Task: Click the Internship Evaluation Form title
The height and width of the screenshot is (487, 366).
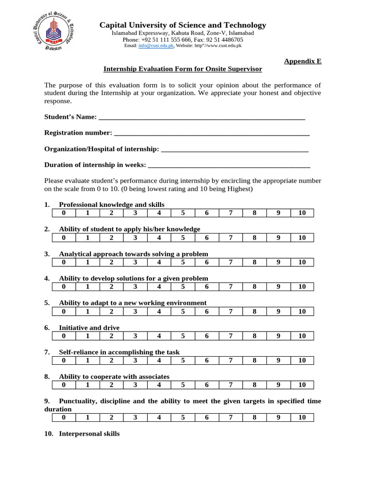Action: pos(183,69)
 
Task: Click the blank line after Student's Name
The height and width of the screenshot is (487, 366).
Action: pos(201,117)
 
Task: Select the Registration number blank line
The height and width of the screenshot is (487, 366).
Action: pos(212,133)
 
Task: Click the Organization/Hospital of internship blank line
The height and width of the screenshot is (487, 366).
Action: pos(235,149)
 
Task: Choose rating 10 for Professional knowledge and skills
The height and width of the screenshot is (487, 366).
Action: pos(302,213)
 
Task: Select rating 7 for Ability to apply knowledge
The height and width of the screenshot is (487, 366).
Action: pos(231,237)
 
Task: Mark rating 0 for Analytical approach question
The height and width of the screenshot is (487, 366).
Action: pos(64,262)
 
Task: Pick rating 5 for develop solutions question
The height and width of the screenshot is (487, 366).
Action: pos(183,287)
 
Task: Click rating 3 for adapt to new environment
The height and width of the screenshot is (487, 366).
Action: pos(135,312)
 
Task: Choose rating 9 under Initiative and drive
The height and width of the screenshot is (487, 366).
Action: pos(278,336)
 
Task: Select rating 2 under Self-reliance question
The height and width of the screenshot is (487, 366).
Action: pos(112,360)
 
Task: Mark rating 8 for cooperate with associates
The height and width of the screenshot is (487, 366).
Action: pos(254,385)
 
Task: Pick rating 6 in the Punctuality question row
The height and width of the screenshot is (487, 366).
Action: pos(207,418)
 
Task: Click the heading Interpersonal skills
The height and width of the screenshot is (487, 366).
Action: pos(89,434)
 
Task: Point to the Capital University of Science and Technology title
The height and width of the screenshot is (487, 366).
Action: pos(183,25)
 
